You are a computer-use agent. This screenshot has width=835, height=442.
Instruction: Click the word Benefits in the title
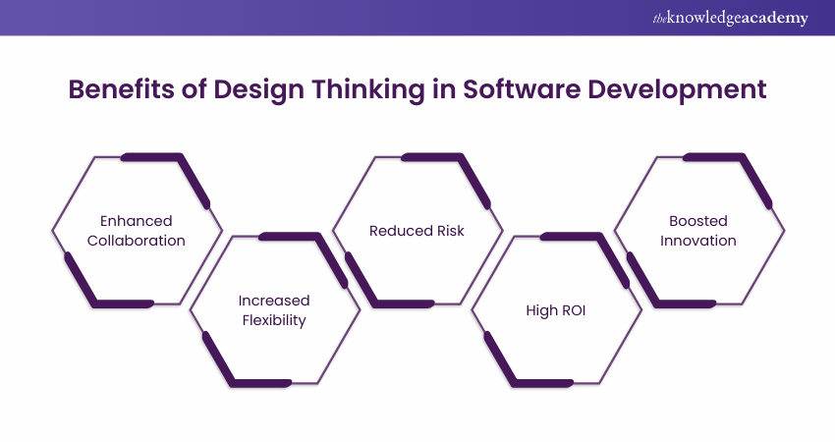pos(121,89)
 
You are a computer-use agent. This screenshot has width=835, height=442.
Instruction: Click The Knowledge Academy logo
pos(730,18)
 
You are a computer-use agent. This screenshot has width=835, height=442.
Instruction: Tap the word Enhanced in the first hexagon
pos(137,221)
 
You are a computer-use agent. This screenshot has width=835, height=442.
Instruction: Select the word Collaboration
pos(137,241)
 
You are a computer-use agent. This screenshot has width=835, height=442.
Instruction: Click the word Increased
pos(274,301)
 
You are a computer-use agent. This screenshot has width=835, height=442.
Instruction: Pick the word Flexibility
pos(274,320)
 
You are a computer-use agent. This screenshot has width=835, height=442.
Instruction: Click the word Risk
pos(451,231)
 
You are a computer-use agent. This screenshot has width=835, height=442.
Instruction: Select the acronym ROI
pos(573,310)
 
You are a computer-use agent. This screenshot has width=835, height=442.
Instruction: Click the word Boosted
pos(698,221)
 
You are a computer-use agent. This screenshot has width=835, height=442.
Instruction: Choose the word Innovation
pos(698,241)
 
